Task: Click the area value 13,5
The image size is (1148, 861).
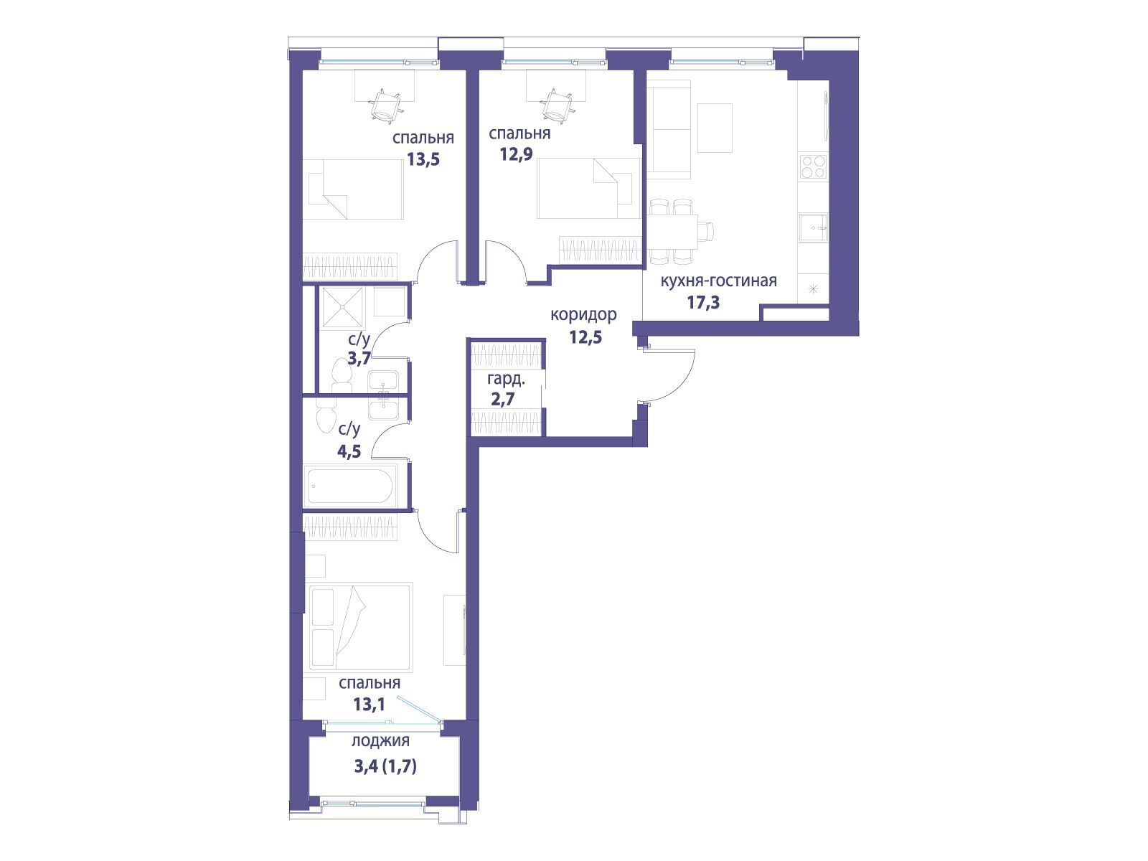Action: pos(423,159)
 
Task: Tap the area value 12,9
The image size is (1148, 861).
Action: pos(516,155)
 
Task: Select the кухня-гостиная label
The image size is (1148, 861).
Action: pos(719,281)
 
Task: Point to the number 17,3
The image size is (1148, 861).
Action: pos(704,302)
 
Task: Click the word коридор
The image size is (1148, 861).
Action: pos(583,315)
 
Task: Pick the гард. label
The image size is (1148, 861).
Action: pos(506,379)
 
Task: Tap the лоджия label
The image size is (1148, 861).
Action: pos(380,741)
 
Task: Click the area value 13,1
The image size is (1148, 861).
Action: pos(370,705)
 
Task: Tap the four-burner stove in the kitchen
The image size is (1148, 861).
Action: pos(813,167)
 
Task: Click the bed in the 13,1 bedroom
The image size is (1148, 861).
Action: pos(361,627)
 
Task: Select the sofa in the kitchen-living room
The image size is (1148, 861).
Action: pos(669,129)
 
